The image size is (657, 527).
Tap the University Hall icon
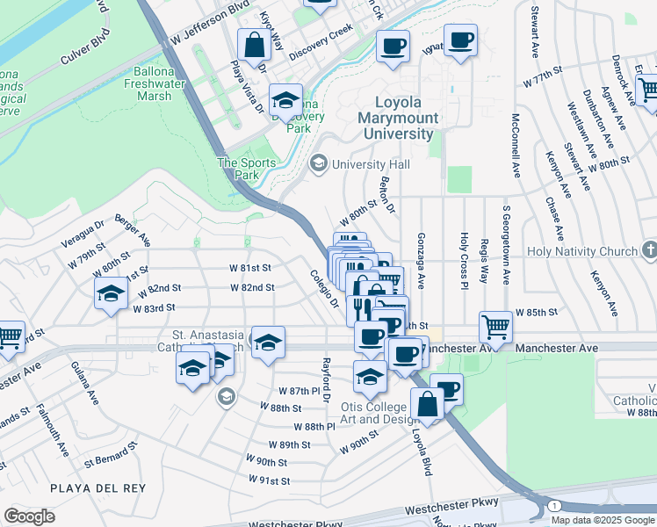(x=318, y=164)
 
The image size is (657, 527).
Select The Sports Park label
(x=247, y=169)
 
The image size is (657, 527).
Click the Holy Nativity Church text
(x=582, y=251)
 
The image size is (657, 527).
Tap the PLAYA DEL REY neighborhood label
(x=90, y=487)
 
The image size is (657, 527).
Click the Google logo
(x=30, y=516)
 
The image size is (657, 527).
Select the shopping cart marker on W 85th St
(x=496, y=326)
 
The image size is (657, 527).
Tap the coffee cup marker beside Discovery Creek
(x=393, y=45)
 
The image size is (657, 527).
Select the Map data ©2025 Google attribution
(x=602, y=520)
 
